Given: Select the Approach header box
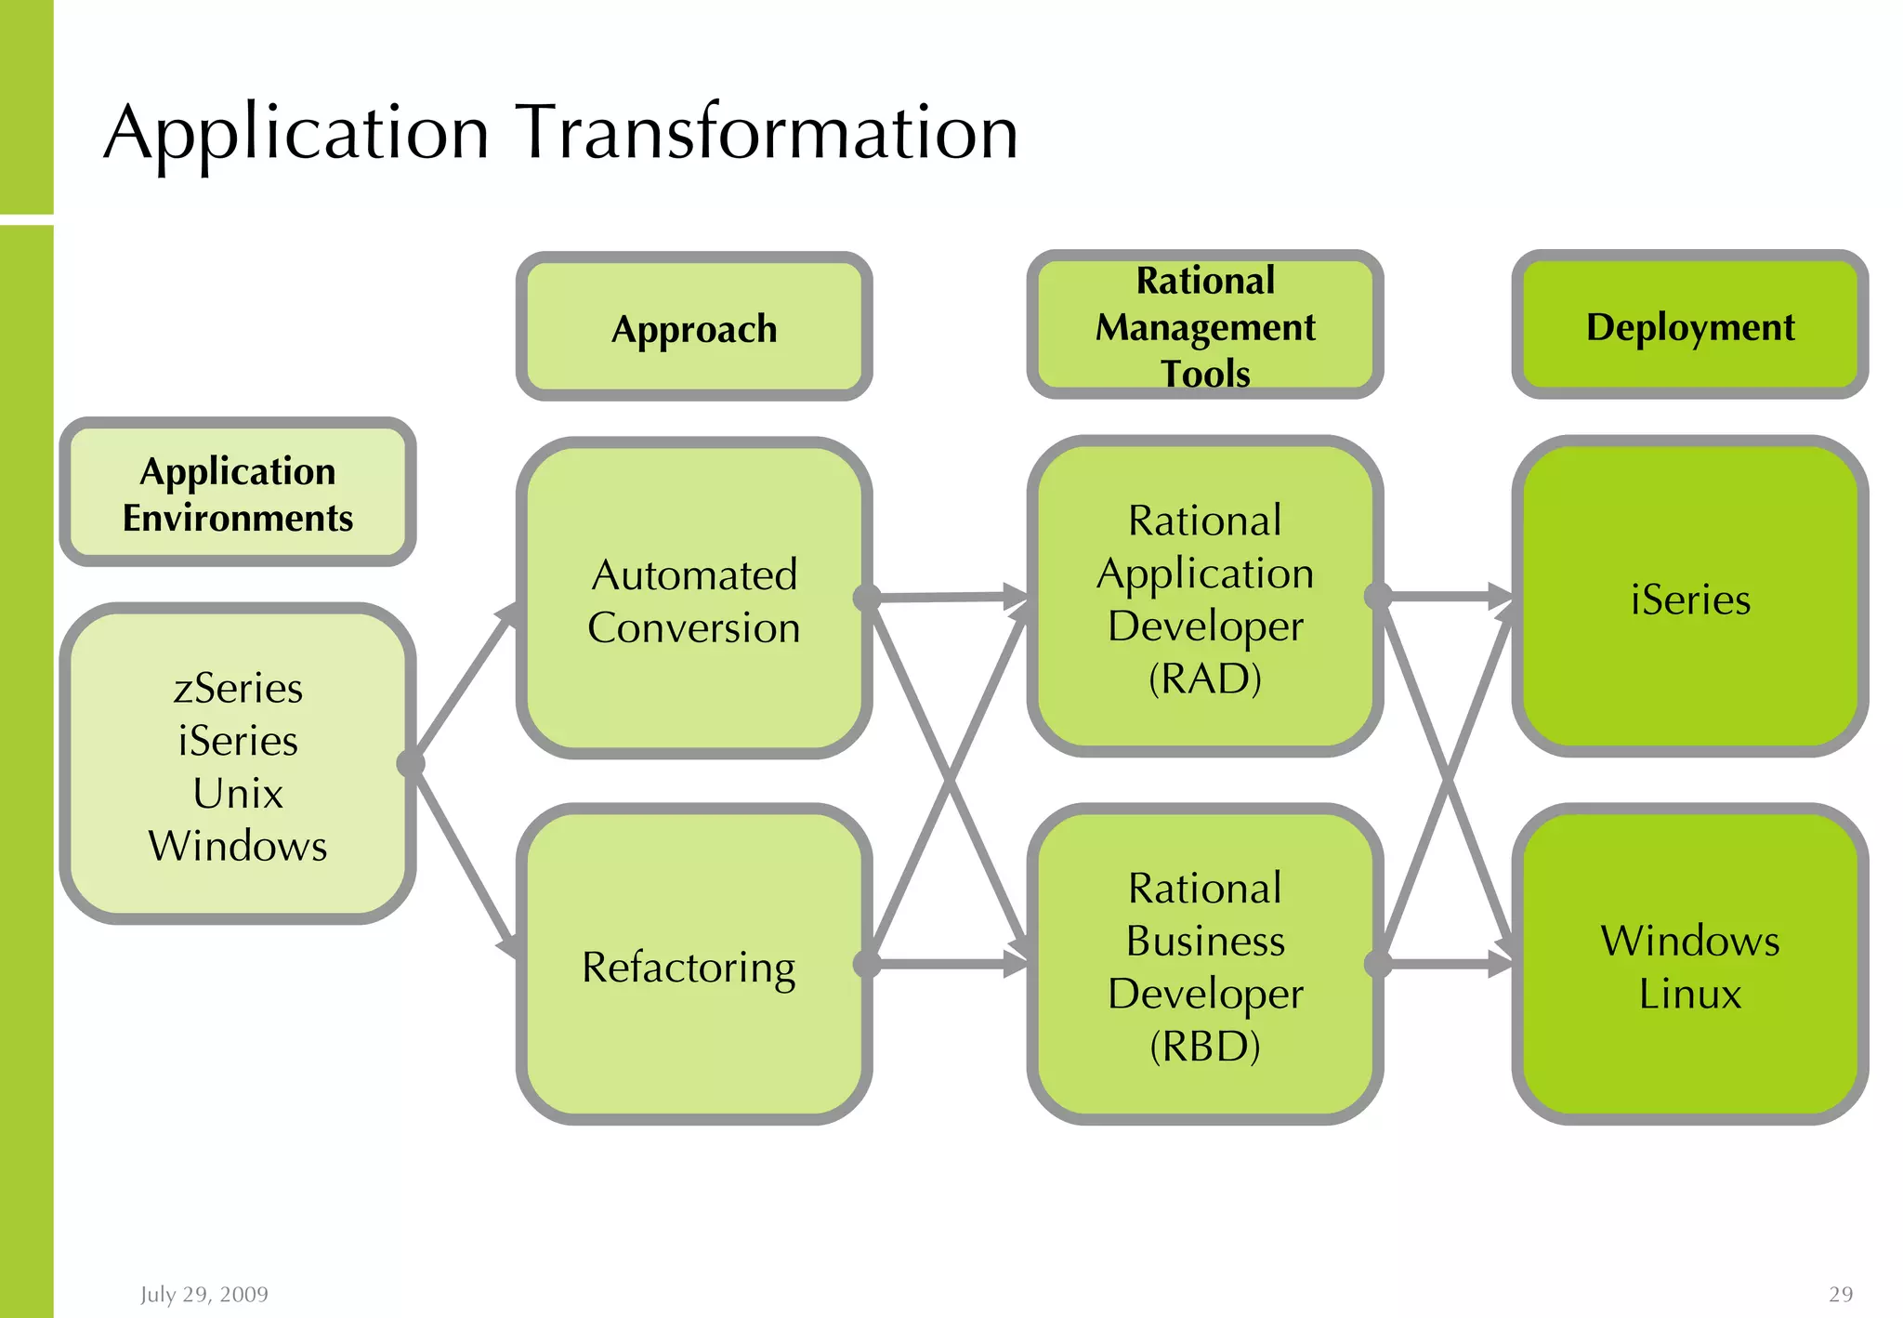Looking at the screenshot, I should point(693,327).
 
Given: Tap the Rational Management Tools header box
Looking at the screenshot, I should point(1204,325).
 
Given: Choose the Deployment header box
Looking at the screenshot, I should point(1689,325).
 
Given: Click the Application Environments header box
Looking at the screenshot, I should point(237,493).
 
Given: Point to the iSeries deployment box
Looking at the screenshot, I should point(1689,599).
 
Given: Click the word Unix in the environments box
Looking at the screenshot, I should point(238,794).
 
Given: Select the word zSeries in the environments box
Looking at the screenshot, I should point(238,689).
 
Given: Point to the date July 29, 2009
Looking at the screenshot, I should point(204,1294).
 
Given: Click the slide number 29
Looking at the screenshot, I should point(1840,1294).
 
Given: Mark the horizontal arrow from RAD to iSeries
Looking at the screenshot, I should point(1445,596).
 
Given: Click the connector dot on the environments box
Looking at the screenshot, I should point(411,764).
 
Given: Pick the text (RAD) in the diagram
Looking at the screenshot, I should point(1204,679).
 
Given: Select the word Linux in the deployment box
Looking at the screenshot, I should point(1689,994).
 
